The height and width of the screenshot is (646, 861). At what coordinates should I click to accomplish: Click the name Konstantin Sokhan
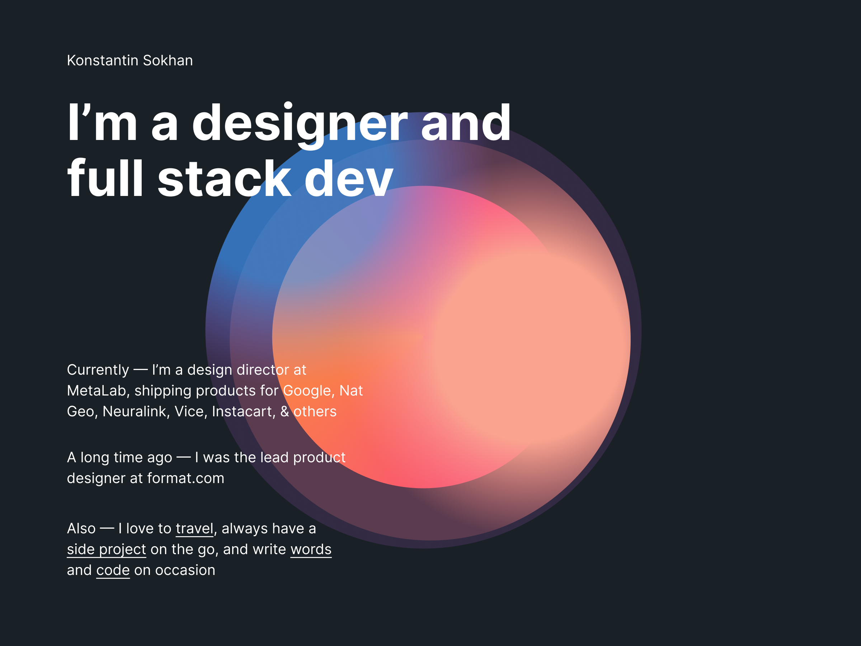(x=130, y=61)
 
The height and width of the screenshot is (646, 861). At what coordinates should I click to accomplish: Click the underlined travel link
(x=194, y=528)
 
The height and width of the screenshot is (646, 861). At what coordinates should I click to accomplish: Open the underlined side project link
(x=107, y=550)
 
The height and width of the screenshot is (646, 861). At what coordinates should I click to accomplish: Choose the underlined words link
(x=311, y=549)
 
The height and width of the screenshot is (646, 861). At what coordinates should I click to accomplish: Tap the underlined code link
(x=113, y=571)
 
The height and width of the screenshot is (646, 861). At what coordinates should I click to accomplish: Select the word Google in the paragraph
(x=306, y=391)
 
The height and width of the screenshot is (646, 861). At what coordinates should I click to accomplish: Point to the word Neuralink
(x=134, y=412)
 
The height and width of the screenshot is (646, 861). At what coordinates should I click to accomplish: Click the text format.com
(x=186, y=478)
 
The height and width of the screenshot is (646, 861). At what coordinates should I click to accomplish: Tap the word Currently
(x=98, y=370)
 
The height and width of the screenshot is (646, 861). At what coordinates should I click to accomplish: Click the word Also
(x=81, y=529)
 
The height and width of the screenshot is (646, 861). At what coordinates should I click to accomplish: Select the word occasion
(x=185, y=571)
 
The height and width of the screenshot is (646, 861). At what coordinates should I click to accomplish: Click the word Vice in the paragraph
(x=189, y=412)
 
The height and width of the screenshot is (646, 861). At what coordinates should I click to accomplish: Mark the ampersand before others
(x=284, y=412)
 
